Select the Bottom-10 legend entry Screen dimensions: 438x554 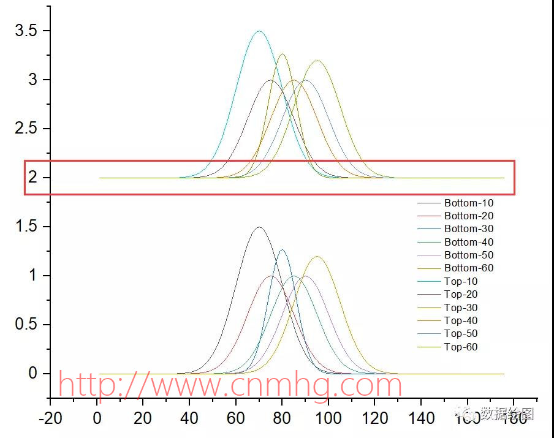(469, 203)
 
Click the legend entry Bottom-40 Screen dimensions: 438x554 (469, 242)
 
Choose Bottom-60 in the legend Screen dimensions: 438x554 (469, 268)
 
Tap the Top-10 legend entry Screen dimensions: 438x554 (461, 281)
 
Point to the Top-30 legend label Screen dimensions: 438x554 (461, 308)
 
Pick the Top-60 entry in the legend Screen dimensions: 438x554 (461, 347)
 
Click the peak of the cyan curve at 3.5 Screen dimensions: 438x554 (259, 31)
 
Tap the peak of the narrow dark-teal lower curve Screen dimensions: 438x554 (282, 250)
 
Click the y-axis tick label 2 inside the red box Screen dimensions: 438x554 (32, 178)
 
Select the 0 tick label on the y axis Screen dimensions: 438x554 (32, 374)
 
